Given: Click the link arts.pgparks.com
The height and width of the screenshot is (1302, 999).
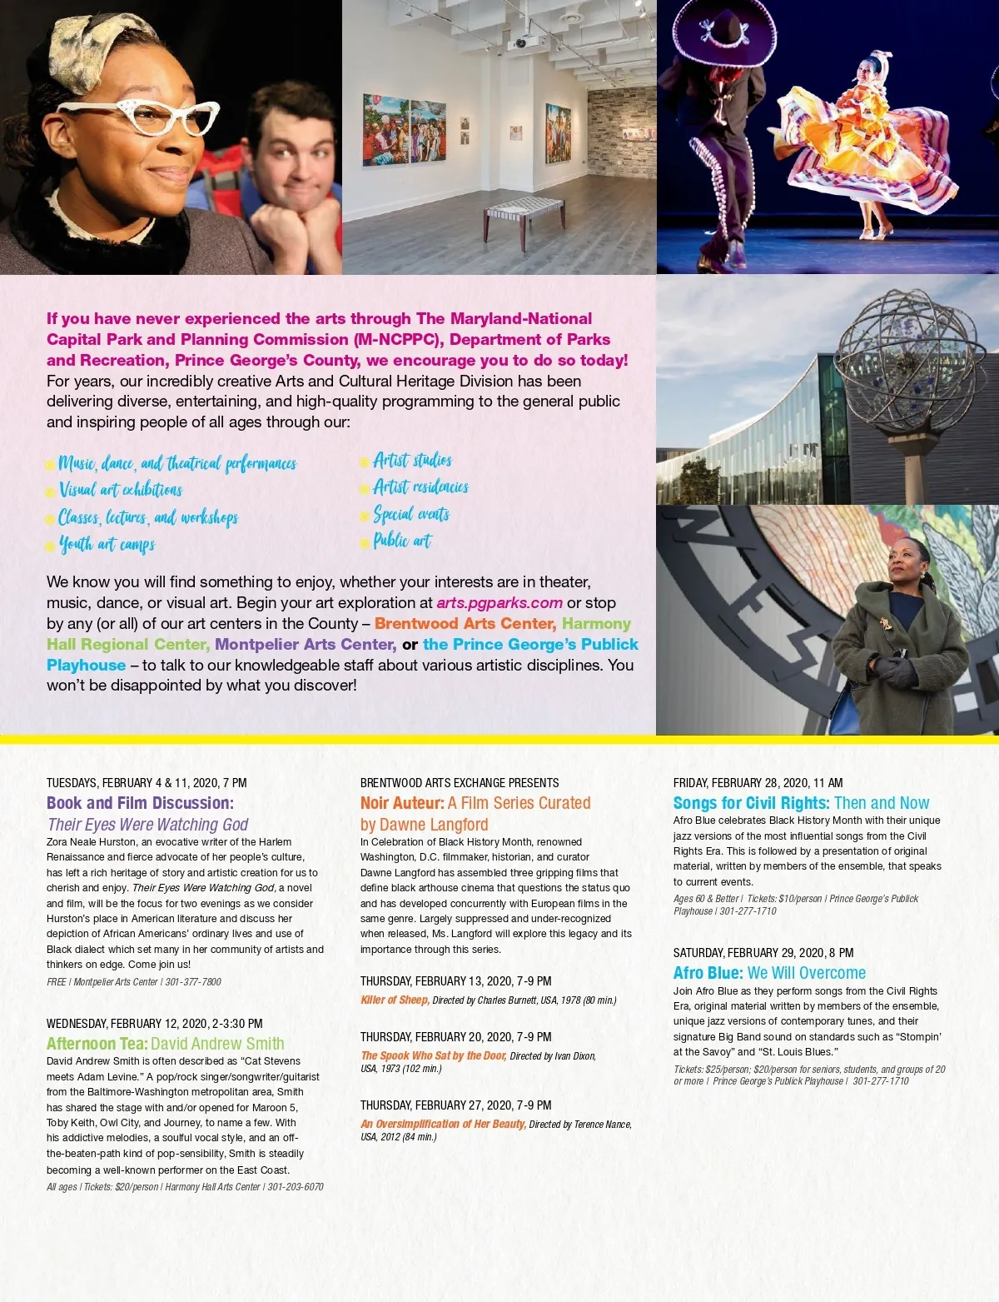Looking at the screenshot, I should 499,602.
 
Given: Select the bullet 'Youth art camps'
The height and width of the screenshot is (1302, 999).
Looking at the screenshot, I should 107,545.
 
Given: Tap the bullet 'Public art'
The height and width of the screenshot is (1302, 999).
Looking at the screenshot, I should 402,541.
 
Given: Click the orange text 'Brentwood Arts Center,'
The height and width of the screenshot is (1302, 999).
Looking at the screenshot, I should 465,623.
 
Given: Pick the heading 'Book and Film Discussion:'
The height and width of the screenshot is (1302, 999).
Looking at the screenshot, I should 140,803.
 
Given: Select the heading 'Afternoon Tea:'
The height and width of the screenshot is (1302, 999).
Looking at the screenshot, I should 97,1044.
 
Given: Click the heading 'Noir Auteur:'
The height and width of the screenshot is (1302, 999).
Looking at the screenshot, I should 402,803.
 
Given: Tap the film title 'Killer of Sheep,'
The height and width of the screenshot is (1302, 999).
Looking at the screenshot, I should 395,1000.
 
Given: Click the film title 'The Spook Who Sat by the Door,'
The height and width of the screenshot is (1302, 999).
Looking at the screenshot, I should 433,1055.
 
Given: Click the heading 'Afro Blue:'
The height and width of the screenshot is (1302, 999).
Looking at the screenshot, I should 708,973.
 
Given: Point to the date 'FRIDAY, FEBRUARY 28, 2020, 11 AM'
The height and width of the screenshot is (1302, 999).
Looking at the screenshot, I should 758,783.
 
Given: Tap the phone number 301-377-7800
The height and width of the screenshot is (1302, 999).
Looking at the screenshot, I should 193,982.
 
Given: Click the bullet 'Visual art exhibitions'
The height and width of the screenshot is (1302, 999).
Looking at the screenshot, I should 120,490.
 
